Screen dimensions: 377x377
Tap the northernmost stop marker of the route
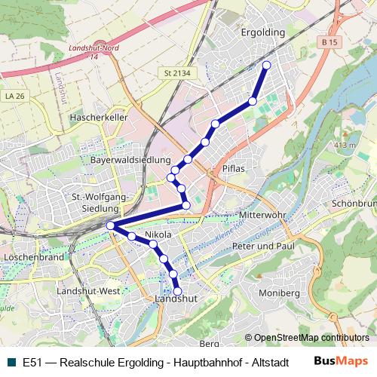coord(266,66)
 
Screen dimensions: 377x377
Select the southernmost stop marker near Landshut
coord(178,290)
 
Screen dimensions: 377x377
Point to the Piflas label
coord(234,169)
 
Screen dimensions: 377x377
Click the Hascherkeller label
coord(98,118)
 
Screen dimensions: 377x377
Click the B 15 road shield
coord(327,43)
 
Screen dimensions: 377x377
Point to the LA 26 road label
coord(14,96)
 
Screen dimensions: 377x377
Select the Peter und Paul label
coord(262,247)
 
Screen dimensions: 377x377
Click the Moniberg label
coord(279,292)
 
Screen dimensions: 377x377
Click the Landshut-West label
coord(88,291)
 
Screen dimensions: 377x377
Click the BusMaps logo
coord(340,361)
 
